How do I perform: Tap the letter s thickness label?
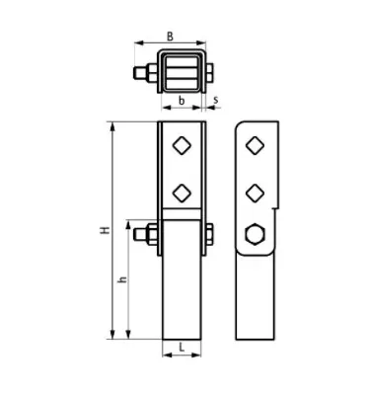pos(216,99)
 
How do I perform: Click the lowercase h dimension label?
pos(122,280)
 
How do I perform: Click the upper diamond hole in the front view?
pos(182,145)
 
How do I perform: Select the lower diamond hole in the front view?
pos(182,190)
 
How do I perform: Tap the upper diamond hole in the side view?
pos(255,145)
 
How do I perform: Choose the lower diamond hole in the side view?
pos(255,190)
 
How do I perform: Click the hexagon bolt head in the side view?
pos(255,234)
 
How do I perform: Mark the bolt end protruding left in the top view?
pos(137,73)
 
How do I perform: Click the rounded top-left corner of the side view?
pos(241,125)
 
